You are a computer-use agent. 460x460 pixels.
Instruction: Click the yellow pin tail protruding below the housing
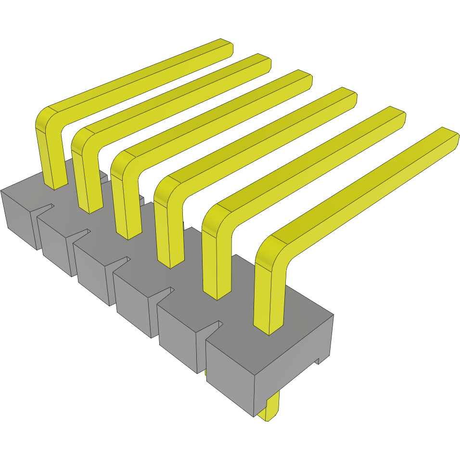[269, 409]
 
